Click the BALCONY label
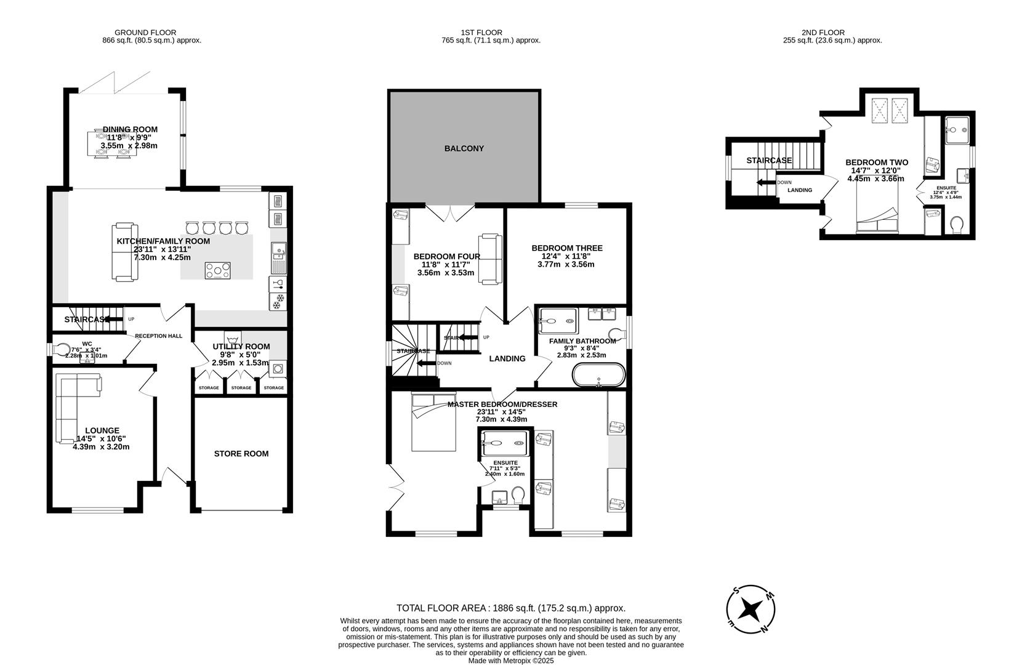coord(464,148)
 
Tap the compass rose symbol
coord(750,610)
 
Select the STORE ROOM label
coord(241,454)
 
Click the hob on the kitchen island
coord(219,270)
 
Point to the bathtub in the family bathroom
coord(598,374)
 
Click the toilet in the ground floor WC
coord(62,350)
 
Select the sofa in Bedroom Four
coord(491,259)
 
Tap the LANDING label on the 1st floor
coord(507,358)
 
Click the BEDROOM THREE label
coord(566,248)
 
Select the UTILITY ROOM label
coord(241,347)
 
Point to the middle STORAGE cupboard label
coord(241,388)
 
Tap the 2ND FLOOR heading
coord(823,33)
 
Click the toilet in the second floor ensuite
coord(957,225)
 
